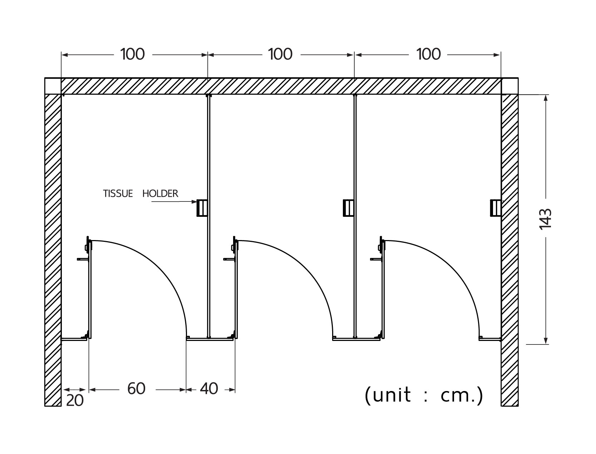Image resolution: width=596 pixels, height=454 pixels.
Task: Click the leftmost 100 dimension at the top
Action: pyautogui.click(x=133, y=54)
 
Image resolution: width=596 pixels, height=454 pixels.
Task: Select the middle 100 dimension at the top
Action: pyautogui.click(x=280, y=54)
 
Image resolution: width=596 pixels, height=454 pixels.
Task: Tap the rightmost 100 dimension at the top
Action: pyautogui.click(x=429, y=54)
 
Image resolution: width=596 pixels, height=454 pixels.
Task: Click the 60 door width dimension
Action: pyautogui.click(x=137, y=389)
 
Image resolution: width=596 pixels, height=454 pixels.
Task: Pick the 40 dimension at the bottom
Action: pyautogui.click(x=209, y=389)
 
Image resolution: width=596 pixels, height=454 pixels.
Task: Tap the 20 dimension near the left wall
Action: pyautogui.click(x=75, y=400)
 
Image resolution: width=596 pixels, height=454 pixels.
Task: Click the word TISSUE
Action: pyautogui.click(x=118, y=194)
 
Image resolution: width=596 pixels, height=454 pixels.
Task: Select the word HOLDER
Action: pyautogui.click(x=160, y=194)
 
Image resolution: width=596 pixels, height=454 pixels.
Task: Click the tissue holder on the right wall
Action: pyautogui.click(x=495, y=208)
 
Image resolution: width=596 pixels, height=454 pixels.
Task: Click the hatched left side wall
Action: pyautogui.click(x=53, y=250)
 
